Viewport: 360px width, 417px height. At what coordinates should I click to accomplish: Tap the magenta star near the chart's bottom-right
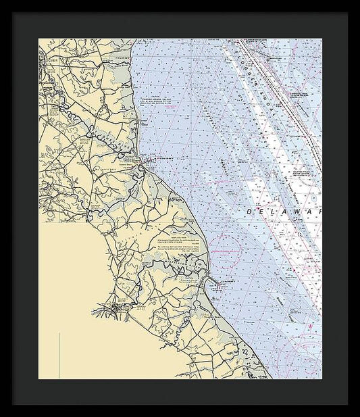tap(311, 327)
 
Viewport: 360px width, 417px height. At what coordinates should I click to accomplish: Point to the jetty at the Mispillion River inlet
tap(211, 282)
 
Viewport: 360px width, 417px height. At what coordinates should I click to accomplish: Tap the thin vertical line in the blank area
tap(59, 355)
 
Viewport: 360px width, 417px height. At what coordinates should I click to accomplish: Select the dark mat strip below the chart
tap(180, 391)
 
